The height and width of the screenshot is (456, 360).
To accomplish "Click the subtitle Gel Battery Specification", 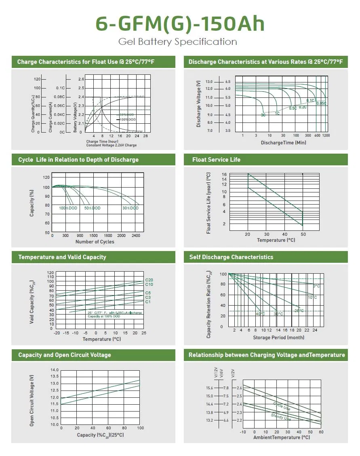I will click(x=178, y=42).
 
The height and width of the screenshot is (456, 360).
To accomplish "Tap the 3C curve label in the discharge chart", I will click(x=263, y=115).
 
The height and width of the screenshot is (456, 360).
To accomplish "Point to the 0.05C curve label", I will click(x=321, y=103).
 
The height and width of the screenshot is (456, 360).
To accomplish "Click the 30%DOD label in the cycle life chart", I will click(x=131, y=208).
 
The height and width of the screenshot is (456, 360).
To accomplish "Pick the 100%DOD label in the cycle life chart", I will click(x=68, y=208).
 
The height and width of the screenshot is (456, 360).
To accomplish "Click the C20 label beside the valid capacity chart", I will click(x=149, y=280).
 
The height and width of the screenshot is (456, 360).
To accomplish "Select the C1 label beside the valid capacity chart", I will click(x=148, y=302).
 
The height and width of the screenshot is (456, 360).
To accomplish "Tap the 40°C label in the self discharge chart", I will click(x=260, y=314).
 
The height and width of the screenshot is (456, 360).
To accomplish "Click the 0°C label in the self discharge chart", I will click(x=316, y=286).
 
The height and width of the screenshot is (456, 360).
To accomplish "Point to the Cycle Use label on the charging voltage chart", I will click(x=282, y=406).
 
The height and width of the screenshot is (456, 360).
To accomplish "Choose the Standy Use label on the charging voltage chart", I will click(x=281, y=416).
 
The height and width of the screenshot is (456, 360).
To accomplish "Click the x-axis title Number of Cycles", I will click(x=95, y=242).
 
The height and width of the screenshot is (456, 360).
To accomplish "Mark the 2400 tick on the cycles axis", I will click(x=135, y=236).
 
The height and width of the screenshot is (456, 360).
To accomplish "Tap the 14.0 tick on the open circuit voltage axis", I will click(x=55, y=370).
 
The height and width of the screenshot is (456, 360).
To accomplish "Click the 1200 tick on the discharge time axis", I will click(x=326, y=135).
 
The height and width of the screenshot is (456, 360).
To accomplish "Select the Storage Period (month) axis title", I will click(x=279, y=338).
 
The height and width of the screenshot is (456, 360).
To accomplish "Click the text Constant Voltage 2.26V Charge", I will click(x=112, y=145).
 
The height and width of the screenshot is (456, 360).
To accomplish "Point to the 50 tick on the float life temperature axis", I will click(x=303, y=234).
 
